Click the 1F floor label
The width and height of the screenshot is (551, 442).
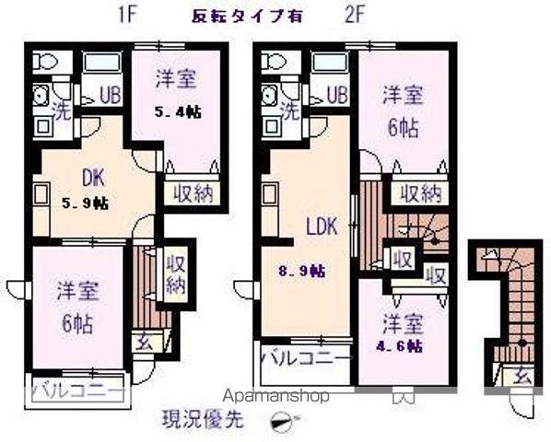127,15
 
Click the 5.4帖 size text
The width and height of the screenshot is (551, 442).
176,111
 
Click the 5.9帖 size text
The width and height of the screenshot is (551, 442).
85,204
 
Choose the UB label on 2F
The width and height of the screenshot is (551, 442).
335,94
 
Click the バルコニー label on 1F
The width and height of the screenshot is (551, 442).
77,390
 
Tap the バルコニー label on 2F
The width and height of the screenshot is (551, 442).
305,357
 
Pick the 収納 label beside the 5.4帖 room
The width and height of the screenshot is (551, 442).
191,192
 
